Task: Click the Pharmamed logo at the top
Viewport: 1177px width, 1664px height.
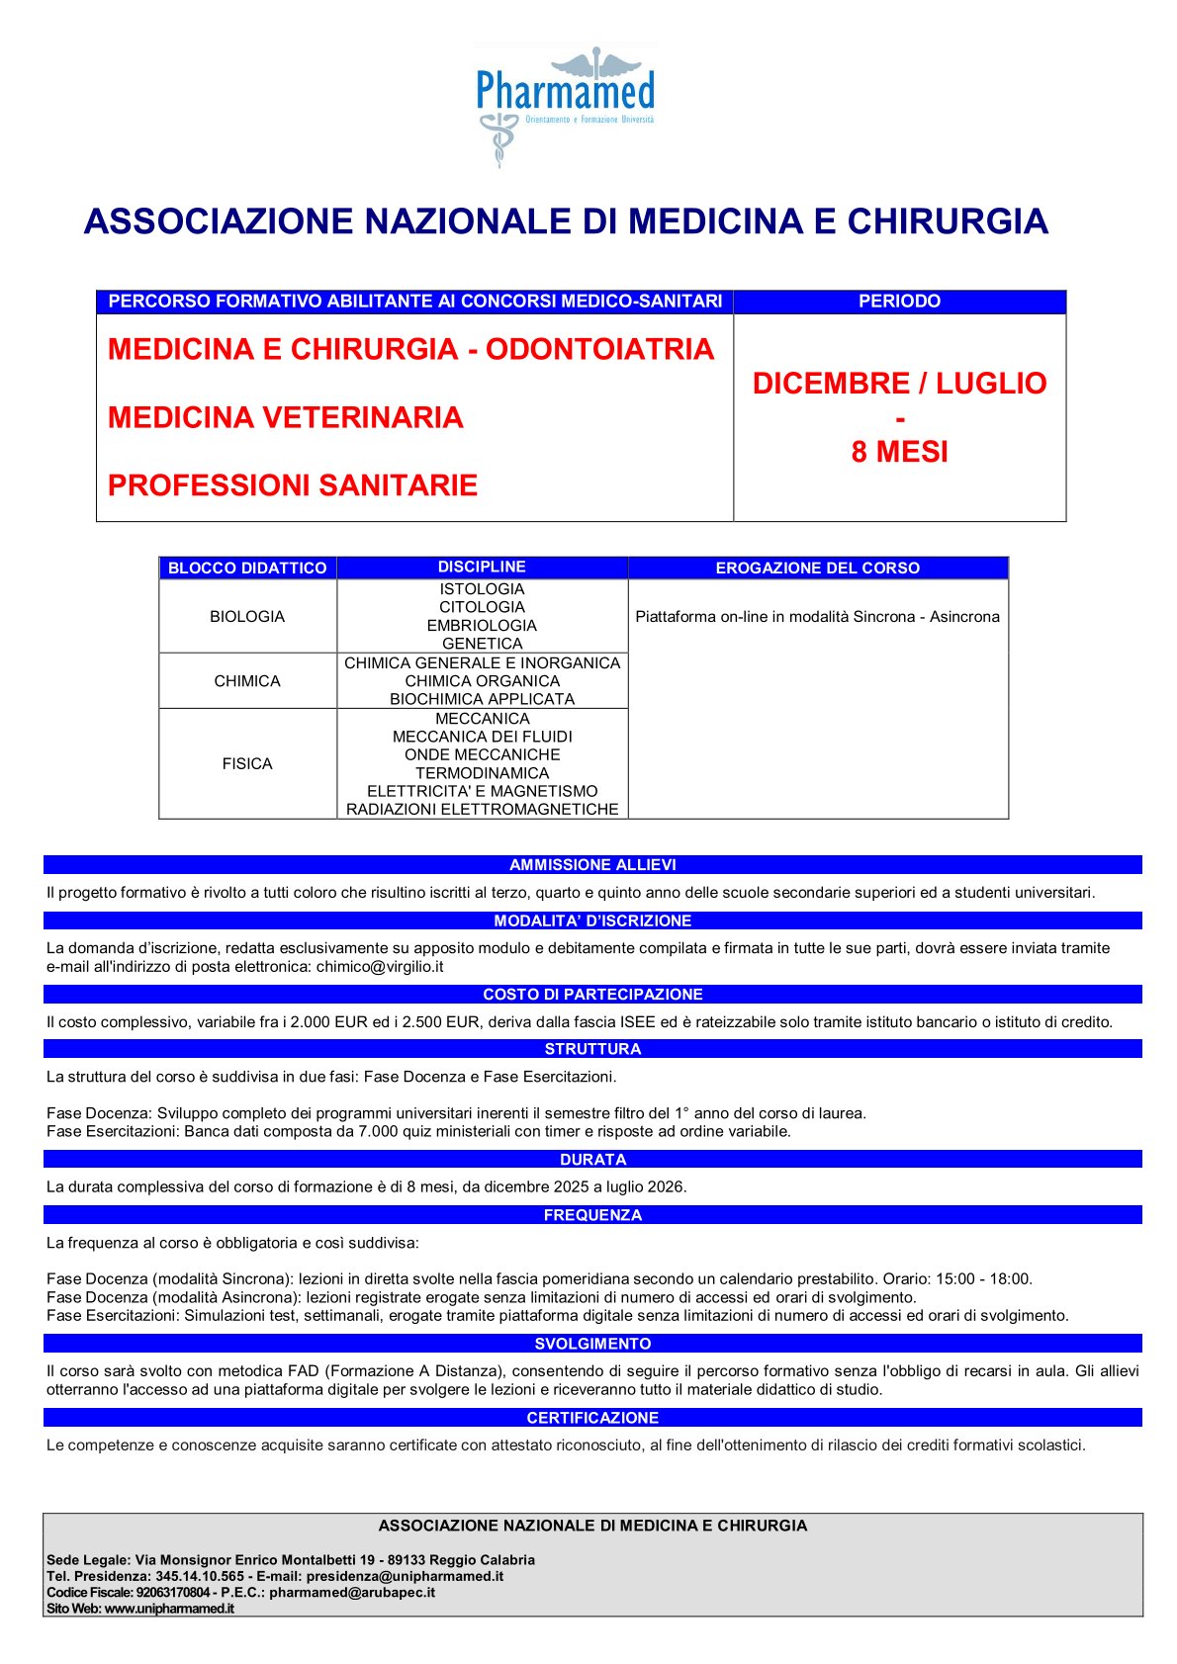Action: (565, 104)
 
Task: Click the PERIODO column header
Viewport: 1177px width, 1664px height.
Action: (899, 302)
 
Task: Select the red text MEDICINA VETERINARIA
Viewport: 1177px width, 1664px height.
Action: (286, 417)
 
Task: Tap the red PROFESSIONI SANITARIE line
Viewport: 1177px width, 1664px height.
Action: (293, 485)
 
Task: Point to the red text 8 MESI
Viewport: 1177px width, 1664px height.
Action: (899, 452)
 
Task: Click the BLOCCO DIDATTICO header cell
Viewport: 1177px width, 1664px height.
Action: (247, 568)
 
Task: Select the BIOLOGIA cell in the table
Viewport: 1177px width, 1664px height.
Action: (247, 616)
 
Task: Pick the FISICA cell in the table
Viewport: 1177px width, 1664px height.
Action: (247, 763)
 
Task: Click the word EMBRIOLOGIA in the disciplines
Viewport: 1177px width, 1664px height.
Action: (482, 625)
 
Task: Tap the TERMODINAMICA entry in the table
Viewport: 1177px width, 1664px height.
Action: (482, 772)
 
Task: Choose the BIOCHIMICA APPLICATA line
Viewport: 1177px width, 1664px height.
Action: (482, 699)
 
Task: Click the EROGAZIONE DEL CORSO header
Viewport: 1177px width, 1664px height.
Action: (817, 568)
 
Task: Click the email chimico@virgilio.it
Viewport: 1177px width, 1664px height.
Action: (380, 966)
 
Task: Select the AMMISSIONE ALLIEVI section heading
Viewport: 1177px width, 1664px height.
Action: (592, 865)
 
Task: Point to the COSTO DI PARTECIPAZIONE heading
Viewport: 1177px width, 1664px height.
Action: (592, 995)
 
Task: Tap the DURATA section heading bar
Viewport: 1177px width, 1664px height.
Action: (592, 1160)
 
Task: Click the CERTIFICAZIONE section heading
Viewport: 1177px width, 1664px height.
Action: (592, 1418)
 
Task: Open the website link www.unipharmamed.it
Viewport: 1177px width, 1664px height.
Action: (169, 1609)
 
